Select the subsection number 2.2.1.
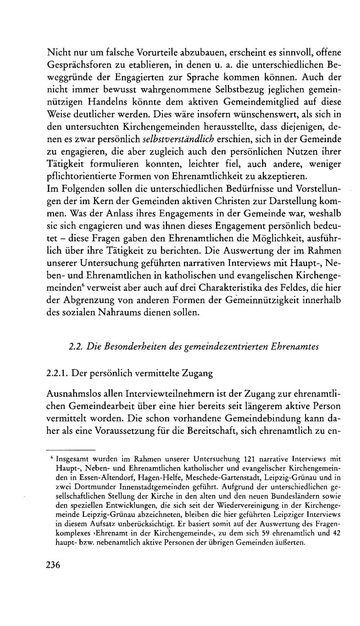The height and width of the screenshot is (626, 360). coord(58,373)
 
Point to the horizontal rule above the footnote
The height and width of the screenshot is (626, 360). coord(71,450)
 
